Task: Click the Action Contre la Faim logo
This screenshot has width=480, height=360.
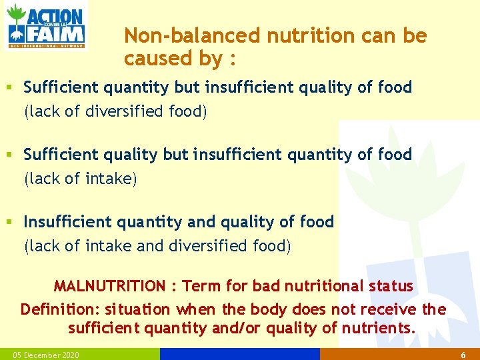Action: (x=45, y=26)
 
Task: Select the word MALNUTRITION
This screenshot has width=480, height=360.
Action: (x=109, y=286)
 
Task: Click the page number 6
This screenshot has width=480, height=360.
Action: (x=463, y=355)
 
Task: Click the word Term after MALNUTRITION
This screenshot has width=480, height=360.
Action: (x=202, y=286)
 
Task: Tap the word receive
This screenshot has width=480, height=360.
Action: (x=387, y=309)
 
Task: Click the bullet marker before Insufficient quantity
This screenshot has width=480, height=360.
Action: (x=9, y=221)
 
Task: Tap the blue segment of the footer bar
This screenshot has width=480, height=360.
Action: (x=240, y=354)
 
